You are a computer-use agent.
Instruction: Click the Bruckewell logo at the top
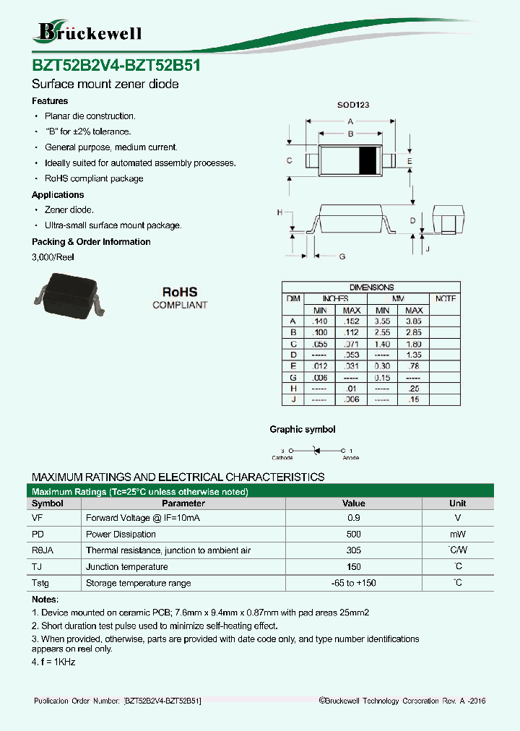[x=88, y=32]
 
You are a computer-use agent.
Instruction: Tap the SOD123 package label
[x=353, y=105]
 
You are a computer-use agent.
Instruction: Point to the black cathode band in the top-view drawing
[x=369, y=160]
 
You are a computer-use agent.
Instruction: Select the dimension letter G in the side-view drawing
[x=342, y=256]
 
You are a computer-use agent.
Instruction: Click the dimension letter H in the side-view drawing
[x=279, y=212]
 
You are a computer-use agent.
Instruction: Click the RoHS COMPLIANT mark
[x=180, y=298]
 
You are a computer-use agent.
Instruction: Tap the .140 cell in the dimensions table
[x=318, y=321]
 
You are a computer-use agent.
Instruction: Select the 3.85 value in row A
[x=414, y=321]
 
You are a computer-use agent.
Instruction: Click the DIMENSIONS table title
[x=371, y=287]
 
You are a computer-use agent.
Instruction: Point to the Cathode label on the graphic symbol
[x=282, y=458]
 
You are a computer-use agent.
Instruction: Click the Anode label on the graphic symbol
[x=350, y=458]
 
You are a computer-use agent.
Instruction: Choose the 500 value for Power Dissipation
[x=353, y=535]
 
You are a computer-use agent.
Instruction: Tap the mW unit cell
[x=457, y=535]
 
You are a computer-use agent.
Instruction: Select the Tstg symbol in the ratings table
[x=40, y=583]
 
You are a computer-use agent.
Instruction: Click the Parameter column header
[x=183, y=503]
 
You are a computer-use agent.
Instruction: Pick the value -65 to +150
[x=353, y=583]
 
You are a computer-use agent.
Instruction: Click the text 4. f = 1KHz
[x=53, y=662]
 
